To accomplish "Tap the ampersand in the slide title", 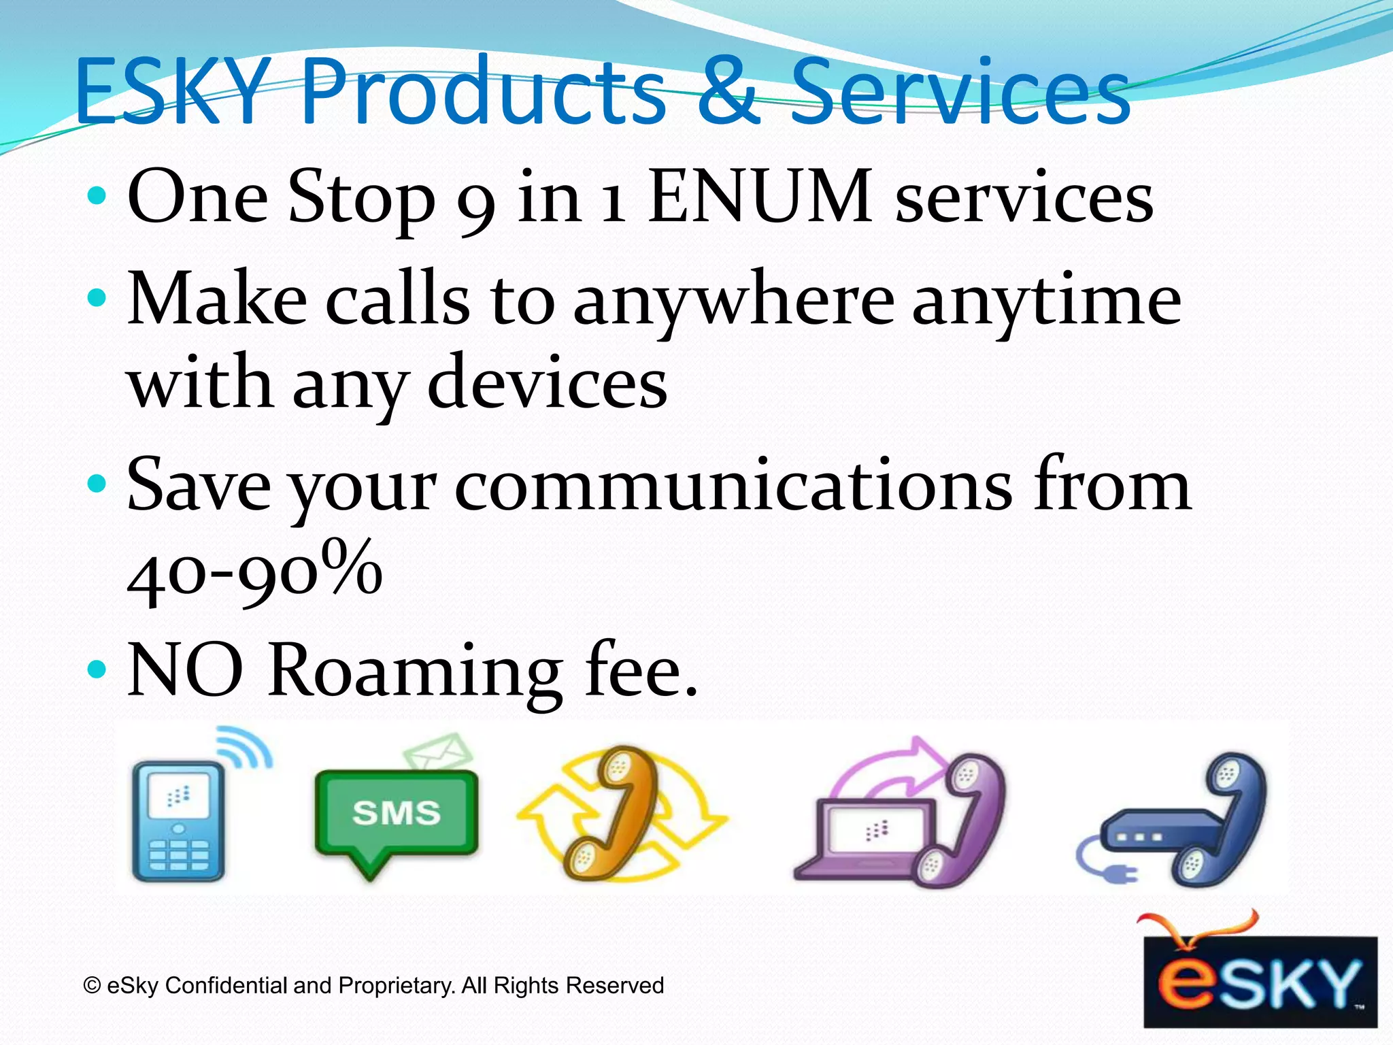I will (726, 91).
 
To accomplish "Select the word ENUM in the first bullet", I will (760, 197).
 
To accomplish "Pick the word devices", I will (548, 384).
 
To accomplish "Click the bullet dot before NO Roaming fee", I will (97, 669).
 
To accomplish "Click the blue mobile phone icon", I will (178, 820).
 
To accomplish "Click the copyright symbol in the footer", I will (92, 986).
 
